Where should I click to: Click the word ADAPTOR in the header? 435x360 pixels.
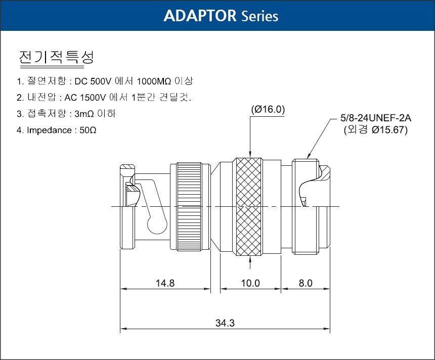[x=200, y=16]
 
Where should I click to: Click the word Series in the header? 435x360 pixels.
[x=259, y=16]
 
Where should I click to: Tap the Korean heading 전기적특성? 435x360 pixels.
[x=56, y=58]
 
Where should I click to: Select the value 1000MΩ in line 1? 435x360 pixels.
[x=154, y=81]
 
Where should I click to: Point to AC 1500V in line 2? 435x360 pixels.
[x=85, y=98]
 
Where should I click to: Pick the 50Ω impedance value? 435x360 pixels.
[x=88, y=130]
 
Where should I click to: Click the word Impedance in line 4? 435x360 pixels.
[x=50, y=130]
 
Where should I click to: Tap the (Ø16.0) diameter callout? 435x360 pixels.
[x=268, y=109]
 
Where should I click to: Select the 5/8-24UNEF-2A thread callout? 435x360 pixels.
[x=376, y=118]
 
